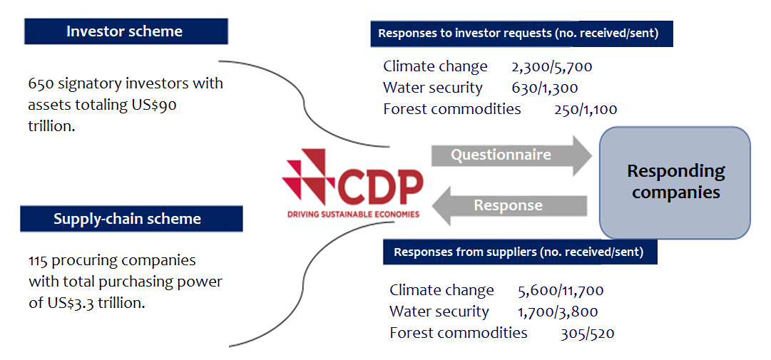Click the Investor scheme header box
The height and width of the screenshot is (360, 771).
(x=126, y=31)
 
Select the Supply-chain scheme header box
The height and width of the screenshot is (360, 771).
(x=131, y=219)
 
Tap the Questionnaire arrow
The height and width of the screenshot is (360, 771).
(x=512, y=155)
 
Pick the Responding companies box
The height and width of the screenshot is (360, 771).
(x=675, y=182)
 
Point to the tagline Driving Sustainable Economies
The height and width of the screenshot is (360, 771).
(x=353, y=214)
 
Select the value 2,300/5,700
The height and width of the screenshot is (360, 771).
(x=552, y=66)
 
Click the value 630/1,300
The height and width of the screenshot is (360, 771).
(x=544, y=88)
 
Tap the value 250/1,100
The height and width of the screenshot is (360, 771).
(x=584, y=110)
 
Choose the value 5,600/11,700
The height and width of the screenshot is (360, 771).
(x=561, y=290)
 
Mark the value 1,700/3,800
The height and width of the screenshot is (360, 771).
(x=558, y=312)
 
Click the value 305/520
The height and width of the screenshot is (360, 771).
(x=587, y=334)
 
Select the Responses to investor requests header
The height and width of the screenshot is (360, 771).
(x=521, y=34)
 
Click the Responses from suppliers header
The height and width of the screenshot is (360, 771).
(x=520, y=252)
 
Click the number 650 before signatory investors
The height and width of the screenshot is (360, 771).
(x=41, y=83)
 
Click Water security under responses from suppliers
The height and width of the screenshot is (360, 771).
(x=439, y=312)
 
